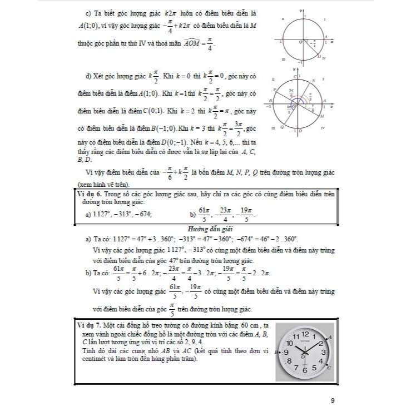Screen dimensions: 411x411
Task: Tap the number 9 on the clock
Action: (x=286, y=353)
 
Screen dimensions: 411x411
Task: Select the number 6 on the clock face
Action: (x=304, y=370)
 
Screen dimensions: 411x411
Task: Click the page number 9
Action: (x=332, y=400)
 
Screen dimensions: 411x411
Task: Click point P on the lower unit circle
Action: (x=275, y=90)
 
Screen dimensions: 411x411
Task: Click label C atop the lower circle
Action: (x=295, y=75)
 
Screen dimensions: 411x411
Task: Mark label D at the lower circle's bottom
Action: (x=301, y=131)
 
